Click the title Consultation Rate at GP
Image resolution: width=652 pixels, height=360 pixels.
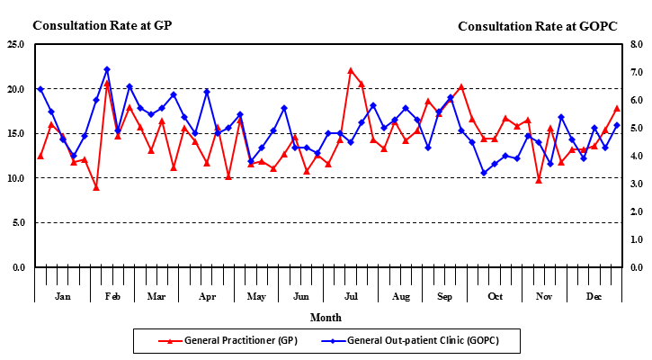(x=102, y=25)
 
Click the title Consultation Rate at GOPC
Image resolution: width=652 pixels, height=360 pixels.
(x=538, y=26)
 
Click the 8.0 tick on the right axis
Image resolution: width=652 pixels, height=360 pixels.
(x=635, y=44)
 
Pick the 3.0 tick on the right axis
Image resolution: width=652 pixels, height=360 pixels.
(x=635, y=184)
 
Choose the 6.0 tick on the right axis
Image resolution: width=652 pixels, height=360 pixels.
(x=635, y=100)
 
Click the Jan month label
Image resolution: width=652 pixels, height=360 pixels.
(x=63, y=296)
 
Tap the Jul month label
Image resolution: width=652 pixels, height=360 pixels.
(x=352, y=296)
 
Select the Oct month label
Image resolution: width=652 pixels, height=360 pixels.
(x=495, y=296)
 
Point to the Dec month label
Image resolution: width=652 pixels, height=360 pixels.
(x=594, y=296)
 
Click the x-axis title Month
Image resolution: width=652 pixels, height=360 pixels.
(x=326, y=318)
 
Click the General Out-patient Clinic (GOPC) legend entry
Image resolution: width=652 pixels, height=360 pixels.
(x=422, y=341)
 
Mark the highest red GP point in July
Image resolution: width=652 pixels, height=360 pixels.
(x=351, y=70)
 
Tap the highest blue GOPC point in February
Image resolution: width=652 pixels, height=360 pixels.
(x=107, y=69)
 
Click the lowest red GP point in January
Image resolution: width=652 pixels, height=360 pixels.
(x=96, y=187)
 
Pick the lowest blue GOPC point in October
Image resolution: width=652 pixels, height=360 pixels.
(x=484, y=173)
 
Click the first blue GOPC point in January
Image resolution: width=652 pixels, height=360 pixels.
(x=40, y=89)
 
